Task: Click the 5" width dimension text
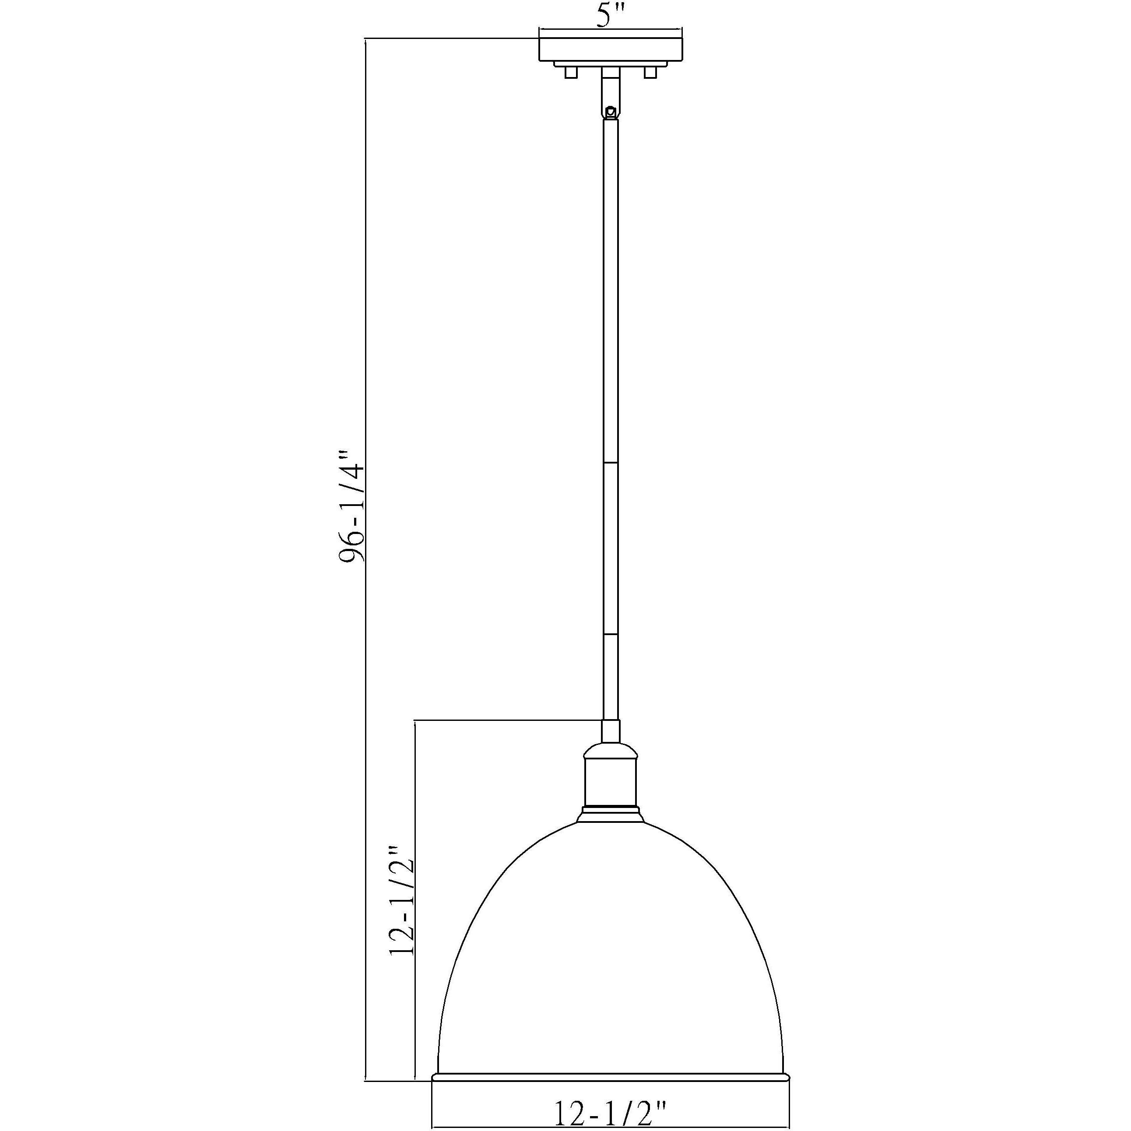(611, 18)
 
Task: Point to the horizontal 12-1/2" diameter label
(610, 1113)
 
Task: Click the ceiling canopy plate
(611, 50)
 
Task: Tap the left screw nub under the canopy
(571, 73)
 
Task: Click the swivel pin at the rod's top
(611, 110)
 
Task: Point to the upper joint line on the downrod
(611, 463)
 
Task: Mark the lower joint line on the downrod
(611, 633)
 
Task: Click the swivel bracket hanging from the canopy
(611, 91)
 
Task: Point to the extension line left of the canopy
(451, 39)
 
